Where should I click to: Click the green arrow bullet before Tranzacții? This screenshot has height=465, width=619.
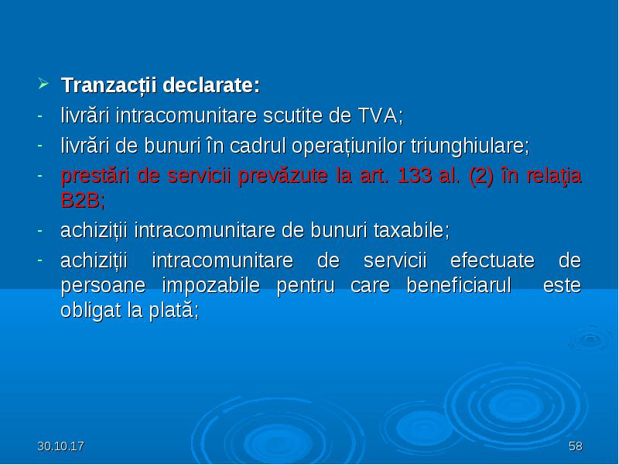[43, 84]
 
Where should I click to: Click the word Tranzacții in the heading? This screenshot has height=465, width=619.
[109, 85]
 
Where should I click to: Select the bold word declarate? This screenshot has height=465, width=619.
[211, 85]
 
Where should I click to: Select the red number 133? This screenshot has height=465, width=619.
[414, 176]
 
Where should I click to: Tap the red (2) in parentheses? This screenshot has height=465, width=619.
[480, 176]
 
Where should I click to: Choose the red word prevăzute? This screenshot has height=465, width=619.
[282, 176]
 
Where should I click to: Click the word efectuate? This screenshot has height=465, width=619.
[492, 261]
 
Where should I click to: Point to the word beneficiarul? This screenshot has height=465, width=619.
[459, 285]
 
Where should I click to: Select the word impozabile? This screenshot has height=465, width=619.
[210, 286]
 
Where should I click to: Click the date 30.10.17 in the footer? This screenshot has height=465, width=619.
[61, 446]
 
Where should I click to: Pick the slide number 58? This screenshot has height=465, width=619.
[575, 446]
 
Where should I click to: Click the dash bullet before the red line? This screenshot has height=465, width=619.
[39, 175]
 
